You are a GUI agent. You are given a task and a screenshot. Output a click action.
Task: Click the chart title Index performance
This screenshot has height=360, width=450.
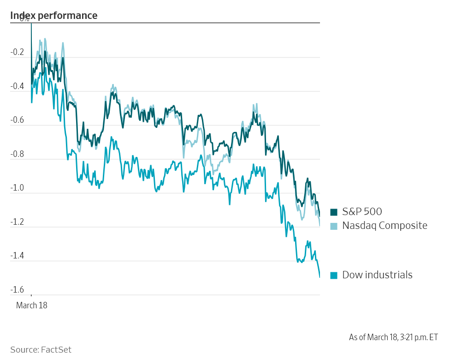[x=53, y=15]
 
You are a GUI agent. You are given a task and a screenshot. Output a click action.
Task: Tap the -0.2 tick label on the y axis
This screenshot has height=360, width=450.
[x=17, y=53]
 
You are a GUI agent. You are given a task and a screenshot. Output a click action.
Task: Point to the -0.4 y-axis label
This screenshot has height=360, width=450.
[x=17, y=87]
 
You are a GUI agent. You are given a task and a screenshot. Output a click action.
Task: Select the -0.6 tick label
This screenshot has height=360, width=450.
[x=17, y=120]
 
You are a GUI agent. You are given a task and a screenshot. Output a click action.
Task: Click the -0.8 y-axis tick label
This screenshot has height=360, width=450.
[x=17, y=155]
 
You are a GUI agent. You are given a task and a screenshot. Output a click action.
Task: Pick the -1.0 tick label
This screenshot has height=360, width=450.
[x=17, y=188]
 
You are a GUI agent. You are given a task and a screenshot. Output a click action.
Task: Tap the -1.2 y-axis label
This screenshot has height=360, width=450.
[x=17, y=222]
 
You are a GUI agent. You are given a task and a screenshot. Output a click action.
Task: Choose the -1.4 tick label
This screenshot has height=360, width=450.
[x=17, y=256]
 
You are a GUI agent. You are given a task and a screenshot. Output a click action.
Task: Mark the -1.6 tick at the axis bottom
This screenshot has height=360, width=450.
[x=17, y=290]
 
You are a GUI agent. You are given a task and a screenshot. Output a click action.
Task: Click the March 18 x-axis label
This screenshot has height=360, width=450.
[x=32, y=305]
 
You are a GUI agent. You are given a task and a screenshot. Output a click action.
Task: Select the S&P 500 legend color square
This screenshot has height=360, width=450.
[x=334, y=212]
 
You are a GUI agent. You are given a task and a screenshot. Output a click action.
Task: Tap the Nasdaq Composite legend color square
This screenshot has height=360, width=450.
[x=334, y=226]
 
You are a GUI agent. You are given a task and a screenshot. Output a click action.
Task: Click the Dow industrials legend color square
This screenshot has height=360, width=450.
[x=334, y=276]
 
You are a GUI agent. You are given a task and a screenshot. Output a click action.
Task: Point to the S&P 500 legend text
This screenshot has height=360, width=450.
[x=362, y=212]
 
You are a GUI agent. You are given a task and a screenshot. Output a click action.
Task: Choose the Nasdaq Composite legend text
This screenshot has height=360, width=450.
[x=385, y=226]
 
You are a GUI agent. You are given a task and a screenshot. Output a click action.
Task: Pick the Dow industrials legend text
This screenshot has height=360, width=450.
[x=377, y=275]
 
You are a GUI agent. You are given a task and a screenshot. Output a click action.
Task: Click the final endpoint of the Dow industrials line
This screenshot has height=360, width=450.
[x=320, y=277]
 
